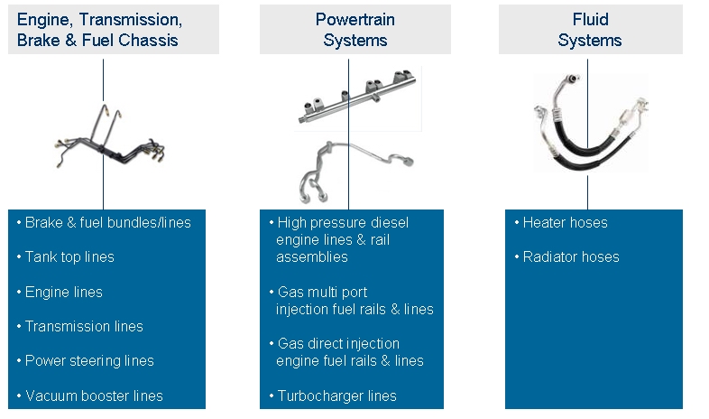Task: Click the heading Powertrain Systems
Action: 355,30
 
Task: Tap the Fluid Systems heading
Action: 590,30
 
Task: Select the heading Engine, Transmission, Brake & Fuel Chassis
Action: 99,30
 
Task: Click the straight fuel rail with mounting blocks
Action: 357,97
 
